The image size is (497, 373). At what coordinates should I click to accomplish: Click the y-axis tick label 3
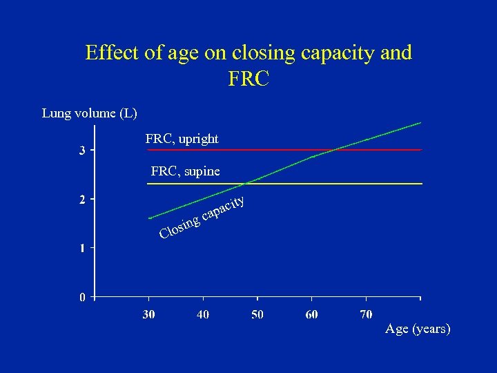(82, 151)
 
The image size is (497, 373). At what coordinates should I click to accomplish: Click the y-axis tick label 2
(82, 200)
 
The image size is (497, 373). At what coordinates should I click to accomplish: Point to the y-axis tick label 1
(82, 248)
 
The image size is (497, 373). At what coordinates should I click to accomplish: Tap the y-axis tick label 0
(82, 298)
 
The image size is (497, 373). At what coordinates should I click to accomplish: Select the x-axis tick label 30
(148, 314)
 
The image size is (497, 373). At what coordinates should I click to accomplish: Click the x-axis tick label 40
(203, 314)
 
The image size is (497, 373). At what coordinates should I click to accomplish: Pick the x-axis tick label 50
(257, 314)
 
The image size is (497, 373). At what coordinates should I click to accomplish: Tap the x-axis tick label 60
(311, 314)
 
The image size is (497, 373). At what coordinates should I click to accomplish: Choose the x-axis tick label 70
(366, 314)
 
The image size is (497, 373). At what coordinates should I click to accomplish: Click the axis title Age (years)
(418, 329)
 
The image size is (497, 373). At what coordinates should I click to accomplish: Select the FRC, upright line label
(182, 139)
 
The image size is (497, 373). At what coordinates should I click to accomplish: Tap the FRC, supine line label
(185, 171)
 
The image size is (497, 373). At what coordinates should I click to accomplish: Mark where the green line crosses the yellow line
(246, 184)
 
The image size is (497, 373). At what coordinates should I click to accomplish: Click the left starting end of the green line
(150, 218)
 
